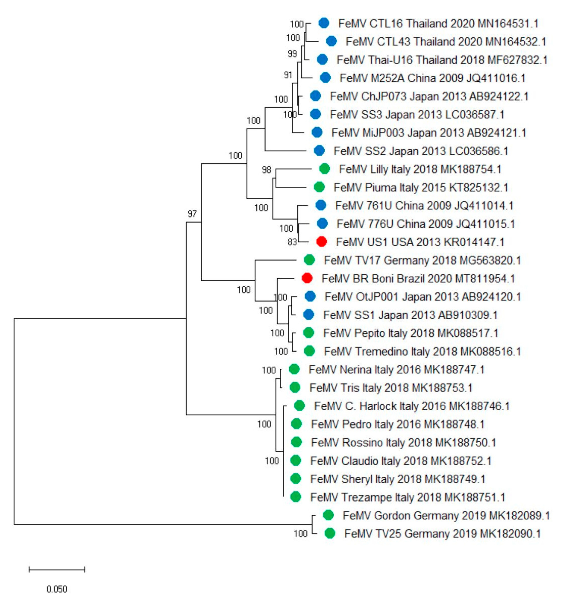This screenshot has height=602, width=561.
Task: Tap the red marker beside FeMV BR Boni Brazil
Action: click(x=307, y=278)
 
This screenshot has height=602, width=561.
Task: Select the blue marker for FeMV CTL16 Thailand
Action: click(x=324, y=23)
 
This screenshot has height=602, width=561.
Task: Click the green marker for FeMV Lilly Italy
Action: click(x=325, y=169)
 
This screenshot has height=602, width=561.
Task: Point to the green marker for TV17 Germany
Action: click(x=309, y=260)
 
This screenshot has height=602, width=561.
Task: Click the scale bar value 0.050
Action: click(x=57, y=589)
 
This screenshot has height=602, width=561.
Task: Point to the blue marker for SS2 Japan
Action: click(x=319, y=150)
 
